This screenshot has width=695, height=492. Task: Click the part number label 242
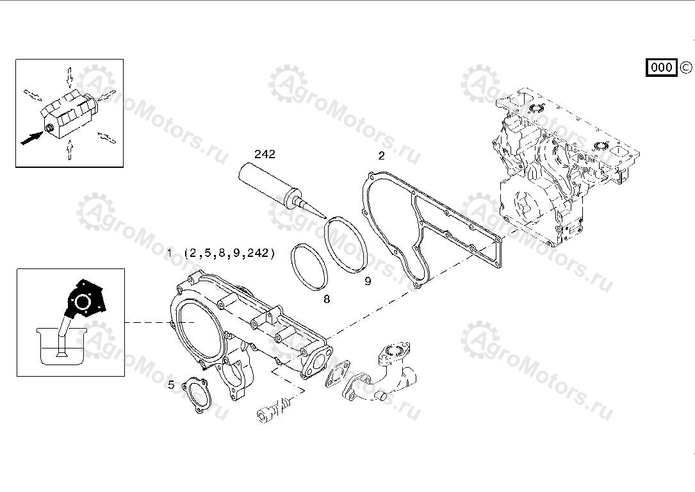[265, 154]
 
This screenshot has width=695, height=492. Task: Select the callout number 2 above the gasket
[381, 156]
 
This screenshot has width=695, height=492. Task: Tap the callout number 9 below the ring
[368, 281]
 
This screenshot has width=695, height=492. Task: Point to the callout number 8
[327, 299]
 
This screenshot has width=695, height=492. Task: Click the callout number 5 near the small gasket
[171, 385]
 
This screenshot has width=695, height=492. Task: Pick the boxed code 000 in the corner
[661, 67]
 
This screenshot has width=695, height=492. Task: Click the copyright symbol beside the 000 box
[685, 67]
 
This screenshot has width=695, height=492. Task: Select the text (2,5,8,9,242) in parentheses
[229, 253]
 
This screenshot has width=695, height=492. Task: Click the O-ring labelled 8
[309, 267]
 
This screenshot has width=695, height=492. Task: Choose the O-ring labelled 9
[346, 245]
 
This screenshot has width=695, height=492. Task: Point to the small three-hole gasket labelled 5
[196, 395]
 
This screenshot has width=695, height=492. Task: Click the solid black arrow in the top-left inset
[32, 138]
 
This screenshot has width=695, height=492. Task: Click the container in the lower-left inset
[61, 346]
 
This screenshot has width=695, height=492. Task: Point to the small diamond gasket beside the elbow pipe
[338, 374]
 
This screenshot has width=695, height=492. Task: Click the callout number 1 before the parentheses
[169, 253]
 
